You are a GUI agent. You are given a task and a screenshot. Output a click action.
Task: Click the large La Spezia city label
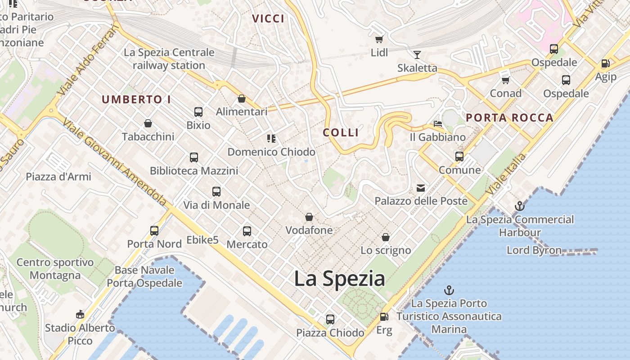[x=339, y=279]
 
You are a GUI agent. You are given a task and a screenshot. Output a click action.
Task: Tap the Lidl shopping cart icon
[x=379, y=39]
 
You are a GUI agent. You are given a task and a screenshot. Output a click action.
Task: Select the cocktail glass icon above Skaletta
[x=417, y=54]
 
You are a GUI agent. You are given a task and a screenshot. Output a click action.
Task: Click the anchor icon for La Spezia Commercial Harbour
[x=520, y=206]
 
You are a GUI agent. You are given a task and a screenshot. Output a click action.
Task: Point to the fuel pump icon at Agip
[x=605, y=64]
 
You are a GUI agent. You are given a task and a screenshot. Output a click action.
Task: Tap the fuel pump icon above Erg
[x=384, y=317]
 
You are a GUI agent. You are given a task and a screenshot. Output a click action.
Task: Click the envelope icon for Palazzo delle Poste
[x=421, y=188]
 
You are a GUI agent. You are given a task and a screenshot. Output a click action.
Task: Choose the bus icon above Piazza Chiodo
[x=330, y=319]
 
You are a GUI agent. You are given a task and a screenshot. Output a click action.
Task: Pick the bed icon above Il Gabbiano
[x=437, y=124]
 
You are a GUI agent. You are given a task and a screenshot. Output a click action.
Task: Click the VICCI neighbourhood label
[x=268, y=18]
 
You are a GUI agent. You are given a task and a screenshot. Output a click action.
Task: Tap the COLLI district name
[x=341, y=132]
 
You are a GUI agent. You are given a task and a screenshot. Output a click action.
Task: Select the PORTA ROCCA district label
[x=509, y=118]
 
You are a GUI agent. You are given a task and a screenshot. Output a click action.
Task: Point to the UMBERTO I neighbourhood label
[x=136, y=99]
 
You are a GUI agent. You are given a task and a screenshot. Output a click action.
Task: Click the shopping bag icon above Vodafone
[x=309, y=217]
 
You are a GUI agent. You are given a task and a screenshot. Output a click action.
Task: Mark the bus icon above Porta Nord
[x=154, y=231]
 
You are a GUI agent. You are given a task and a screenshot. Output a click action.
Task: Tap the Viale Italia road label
[x=506, y=175]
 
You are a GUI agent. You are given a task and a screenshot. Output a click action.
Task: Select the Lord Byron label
[x=534, y=250]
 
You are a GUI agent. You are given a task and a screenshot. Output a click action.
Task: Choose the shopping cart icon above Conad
[x=505, y=80]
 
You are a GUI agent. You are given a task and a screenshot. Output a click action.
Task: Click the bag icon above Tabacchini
[x=148, y=123]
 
